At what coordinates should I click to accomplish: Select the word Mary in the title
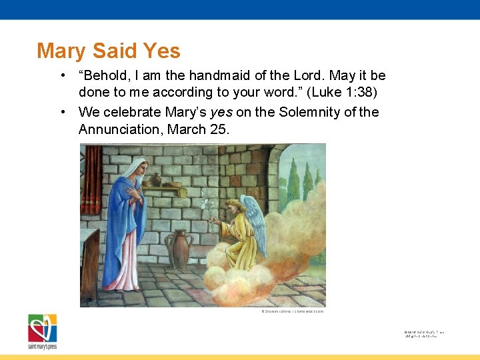click(x=61, y=51)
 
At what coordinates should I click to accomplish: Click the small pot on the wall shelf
click(x=156, y=180)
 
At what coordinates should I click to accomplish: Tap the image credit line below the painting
click(x=293, y=311)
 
